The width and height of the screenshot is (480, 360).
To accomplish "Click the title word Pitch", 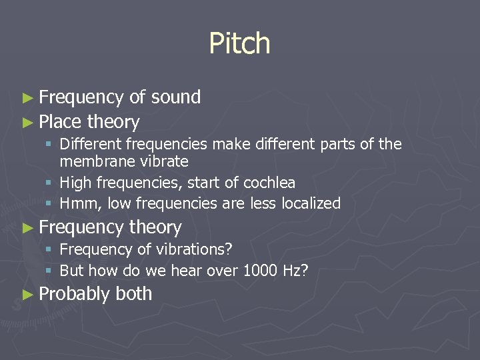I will tap(239, 44).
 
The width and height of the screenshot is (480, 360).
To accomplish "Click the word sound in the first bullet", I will tap(175, 97).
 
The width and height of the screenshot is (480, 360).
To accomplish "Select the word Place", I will tap(60, 122).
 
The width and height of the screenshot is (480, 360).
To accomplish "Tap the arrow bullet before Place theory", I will tap(27, 123).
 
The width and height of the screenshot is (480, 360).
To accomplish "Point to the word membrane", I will tap(91, 161).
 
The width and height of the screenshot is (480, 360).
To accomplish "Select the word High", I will tap(75, 183).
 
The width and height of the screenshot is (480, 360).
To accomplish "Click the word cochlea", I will tap(269, 183).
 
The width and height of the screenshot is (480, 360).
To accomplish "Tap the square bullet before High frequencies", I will tap(51, 183).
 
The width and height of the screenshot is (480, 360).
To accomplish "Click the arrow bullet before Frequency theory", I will tap(27, 228).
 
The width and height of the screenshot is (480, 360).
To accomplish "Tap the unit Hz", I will tap(296, 271).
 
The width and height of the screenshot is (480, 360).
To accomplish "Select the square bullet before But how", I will tap(51, 271).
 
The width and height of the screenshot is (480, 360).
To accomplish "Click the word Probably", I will tap(74, 294).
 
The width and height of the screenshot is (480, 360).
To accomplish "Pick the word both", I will tap(134, 294).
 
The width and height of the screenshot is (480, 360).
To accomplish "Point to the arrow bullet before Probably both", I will tap(27, 294).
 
